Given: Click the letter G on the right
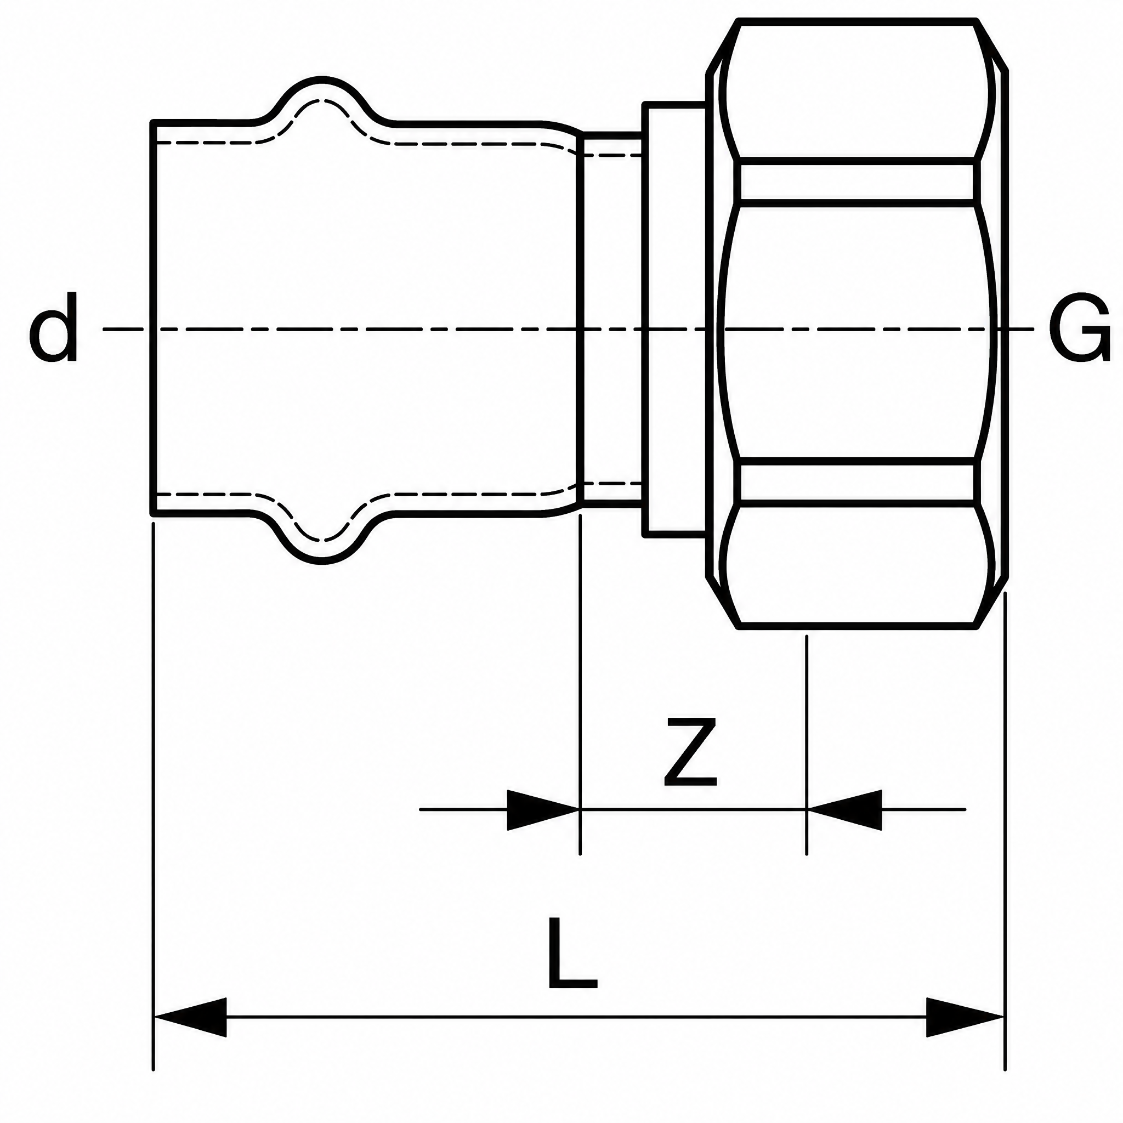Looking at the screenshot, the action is [1079, 330].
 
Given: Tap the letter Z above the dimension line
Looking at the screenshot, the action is [690, 752].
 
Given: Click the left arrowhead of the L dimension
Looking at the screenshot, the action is [190, 1034].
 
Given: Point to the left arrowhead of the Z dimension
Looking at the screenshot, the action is [543, 810].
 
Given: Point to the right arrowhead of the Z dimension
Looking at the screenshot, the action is [844, 810].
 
